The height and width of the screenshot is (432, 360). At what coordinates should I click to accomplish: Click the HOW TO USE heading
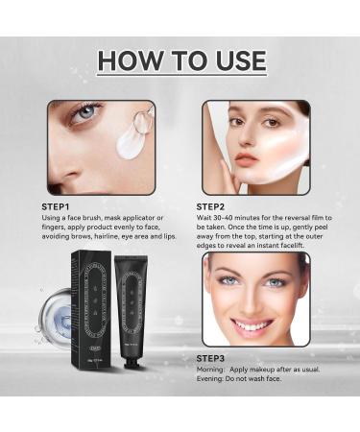coord(180,60)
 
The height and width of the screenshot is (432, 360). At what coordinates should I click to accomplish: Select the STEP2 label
coord(216,205)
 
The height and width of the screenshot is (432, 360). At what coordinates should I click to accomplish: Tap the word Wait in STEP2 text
coord(205,218)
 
